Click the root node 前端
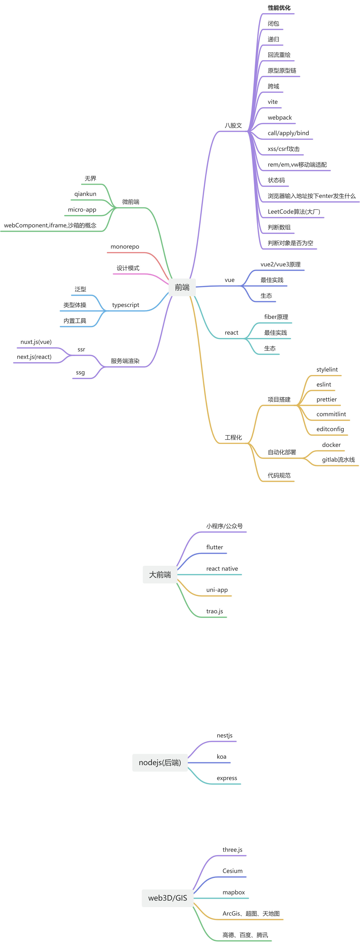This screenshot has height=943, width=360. point(182,287)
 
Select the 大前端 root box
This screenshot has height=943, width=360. point(160,575)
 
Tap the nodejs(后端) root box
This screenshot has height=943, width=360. point(160,762)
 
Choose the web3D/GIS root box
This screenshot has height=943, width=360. point(167,898)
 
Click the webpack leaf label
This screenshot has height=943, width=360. point(280,118)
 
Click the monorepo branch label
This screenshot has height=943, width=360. point(125,247)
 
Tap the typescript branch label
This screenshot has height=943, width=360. point(126,305)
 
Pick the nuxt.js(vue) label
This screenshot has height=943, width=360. point(36,342)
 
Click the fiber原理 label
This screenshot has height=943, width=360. point(276,317)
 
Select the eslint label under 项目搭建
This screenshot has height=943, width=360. point(324,384)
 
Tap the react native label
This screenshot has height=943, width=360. point(222,568)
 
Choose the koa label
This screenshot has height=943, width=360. point(222,757)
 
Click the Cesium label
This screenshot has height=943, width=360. point(233,871)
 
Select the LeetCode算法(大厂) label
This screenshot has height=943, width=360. point(294,212)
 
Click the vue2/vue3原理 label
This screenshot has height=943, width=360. point(281,264)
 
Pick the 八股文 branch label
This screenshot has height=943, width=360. point(233,125)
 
